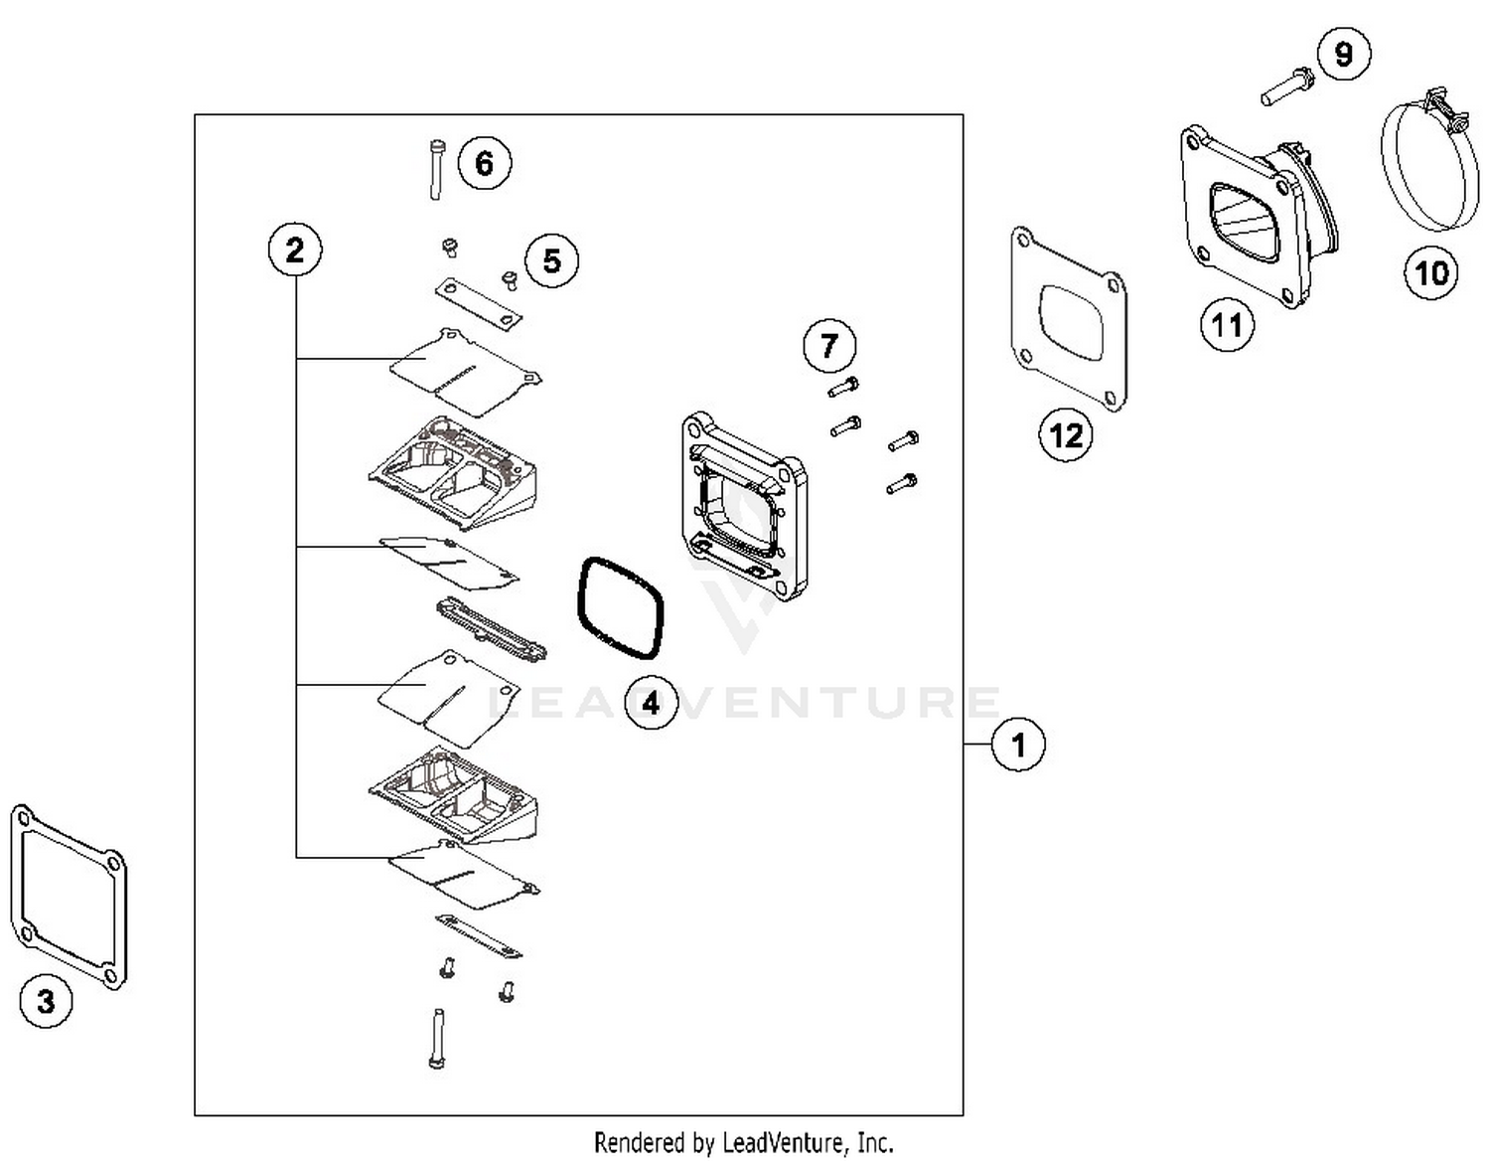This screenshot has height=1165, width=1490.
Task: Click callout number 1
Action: pyautogui.click(x=1018, y=744)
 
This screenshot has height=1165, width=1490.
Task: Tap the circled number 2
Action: pyautogui.click(x=295, y=249)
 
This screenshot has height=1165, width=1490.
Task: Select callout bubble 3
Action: pyautogui.click(x=46, y=1001)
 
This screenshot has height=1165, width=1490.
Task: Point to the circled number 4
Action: pyautogui.click(x=651, y=703)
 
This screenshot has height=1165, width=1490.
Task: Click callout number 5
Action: pyautogui.click(x=551, y=260)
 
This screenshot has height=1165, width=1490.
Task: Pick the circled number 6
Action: pyautogui.click(x=485, y=163)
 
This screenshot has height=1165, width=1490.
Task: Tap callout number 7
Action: pyautogui.click(x=829, y=345)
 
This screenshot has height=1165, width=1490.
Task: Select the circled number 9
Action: pyautogui.click(x=1344, y=54)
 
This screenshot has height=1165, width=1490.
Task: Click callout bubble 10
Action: pyautogui.click(x=1431, y=272)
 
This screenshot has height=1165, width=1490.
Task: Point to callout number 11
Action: pyautogui.click(x=1227, y=324)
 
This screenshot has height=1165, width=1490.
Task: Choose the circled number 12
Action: pyautogui.click(x=1066, y=434)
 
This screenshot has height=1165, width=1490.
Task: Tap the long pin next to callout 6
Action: pyautogui.click(x=435, y=169)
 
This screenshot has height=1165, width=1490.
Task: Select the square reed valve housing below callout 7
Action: pyautogui.click(x=744, y=505)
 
